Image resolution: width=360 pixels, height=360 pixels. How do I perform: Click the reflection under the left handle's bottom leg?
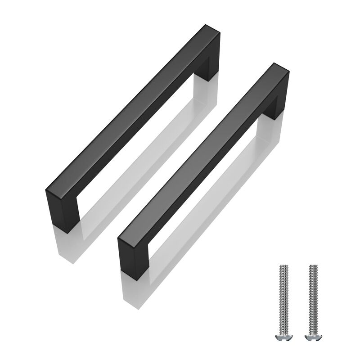pos(67,245)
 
